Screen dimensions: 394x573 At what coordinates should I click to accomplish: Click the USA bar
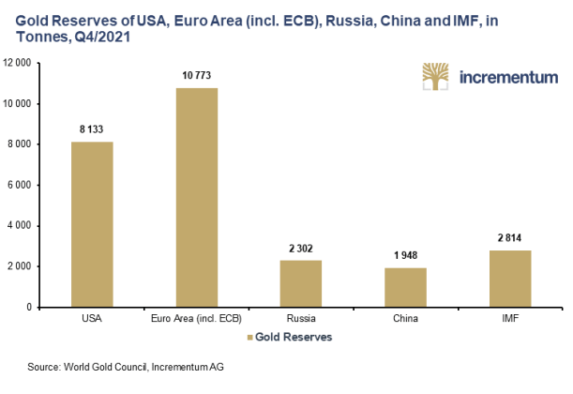pyautogui.click(x=92, y=224)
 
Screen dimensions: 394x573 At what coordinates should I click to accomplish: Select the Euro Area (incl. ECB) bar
pyautogui.click(x=197, y=197)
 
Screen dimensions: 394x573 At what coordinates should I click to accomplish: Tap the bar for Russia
pyautogui.click(x=301, y=283)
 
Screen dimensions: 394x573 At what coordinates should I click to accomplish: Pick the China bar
pyautogui.click(x=406, y=287)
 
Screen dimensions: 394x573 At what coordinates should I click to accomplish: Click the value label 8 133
pyautogui.click(x=92, y=130)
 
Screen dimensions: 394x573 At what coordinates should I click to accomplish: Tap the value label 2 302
pyautogui.click(x=301, y=249)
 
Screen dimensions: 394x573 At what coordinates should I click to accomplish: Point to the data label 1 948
pyautogui.click(x=406, y=256)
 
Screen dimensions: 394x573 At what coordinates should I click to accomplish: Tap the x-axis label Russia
pyautogui.click(x=301, y=319)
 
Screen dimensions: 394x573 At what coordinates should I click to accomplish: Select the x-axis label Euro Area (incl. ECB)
pyautogui.click(x=197, y=319)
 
